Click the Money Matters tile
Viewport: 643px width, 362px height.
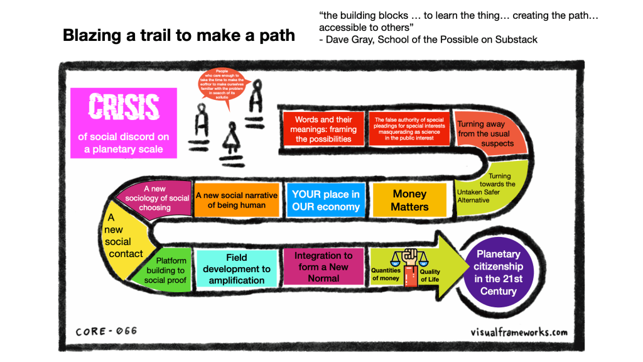tap(409, 200)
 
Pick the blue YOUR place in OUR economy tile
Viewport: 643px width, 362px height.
tap(325, 200)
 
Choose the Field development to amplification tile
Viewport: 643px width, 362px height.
tap(237, 269)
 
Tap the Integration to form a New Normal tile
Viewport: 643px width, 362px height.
tap(323, 266)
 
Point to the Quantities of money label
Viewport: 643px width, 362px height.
tap(386, 274)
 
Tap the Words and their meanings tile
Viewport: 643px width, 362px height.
tap(323, 129)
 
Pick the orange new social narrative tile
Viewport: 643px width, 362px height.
tap(236, 200)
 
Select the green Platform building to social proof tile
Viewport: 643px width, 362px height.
tap(168, 270)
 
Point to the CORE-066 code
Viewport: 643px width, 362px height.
tap(106, 331)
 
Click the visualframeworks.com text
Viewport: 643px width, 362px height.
tap(519, 332)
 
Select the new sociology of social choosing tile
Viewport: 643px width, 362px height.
tap(156, 198)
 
